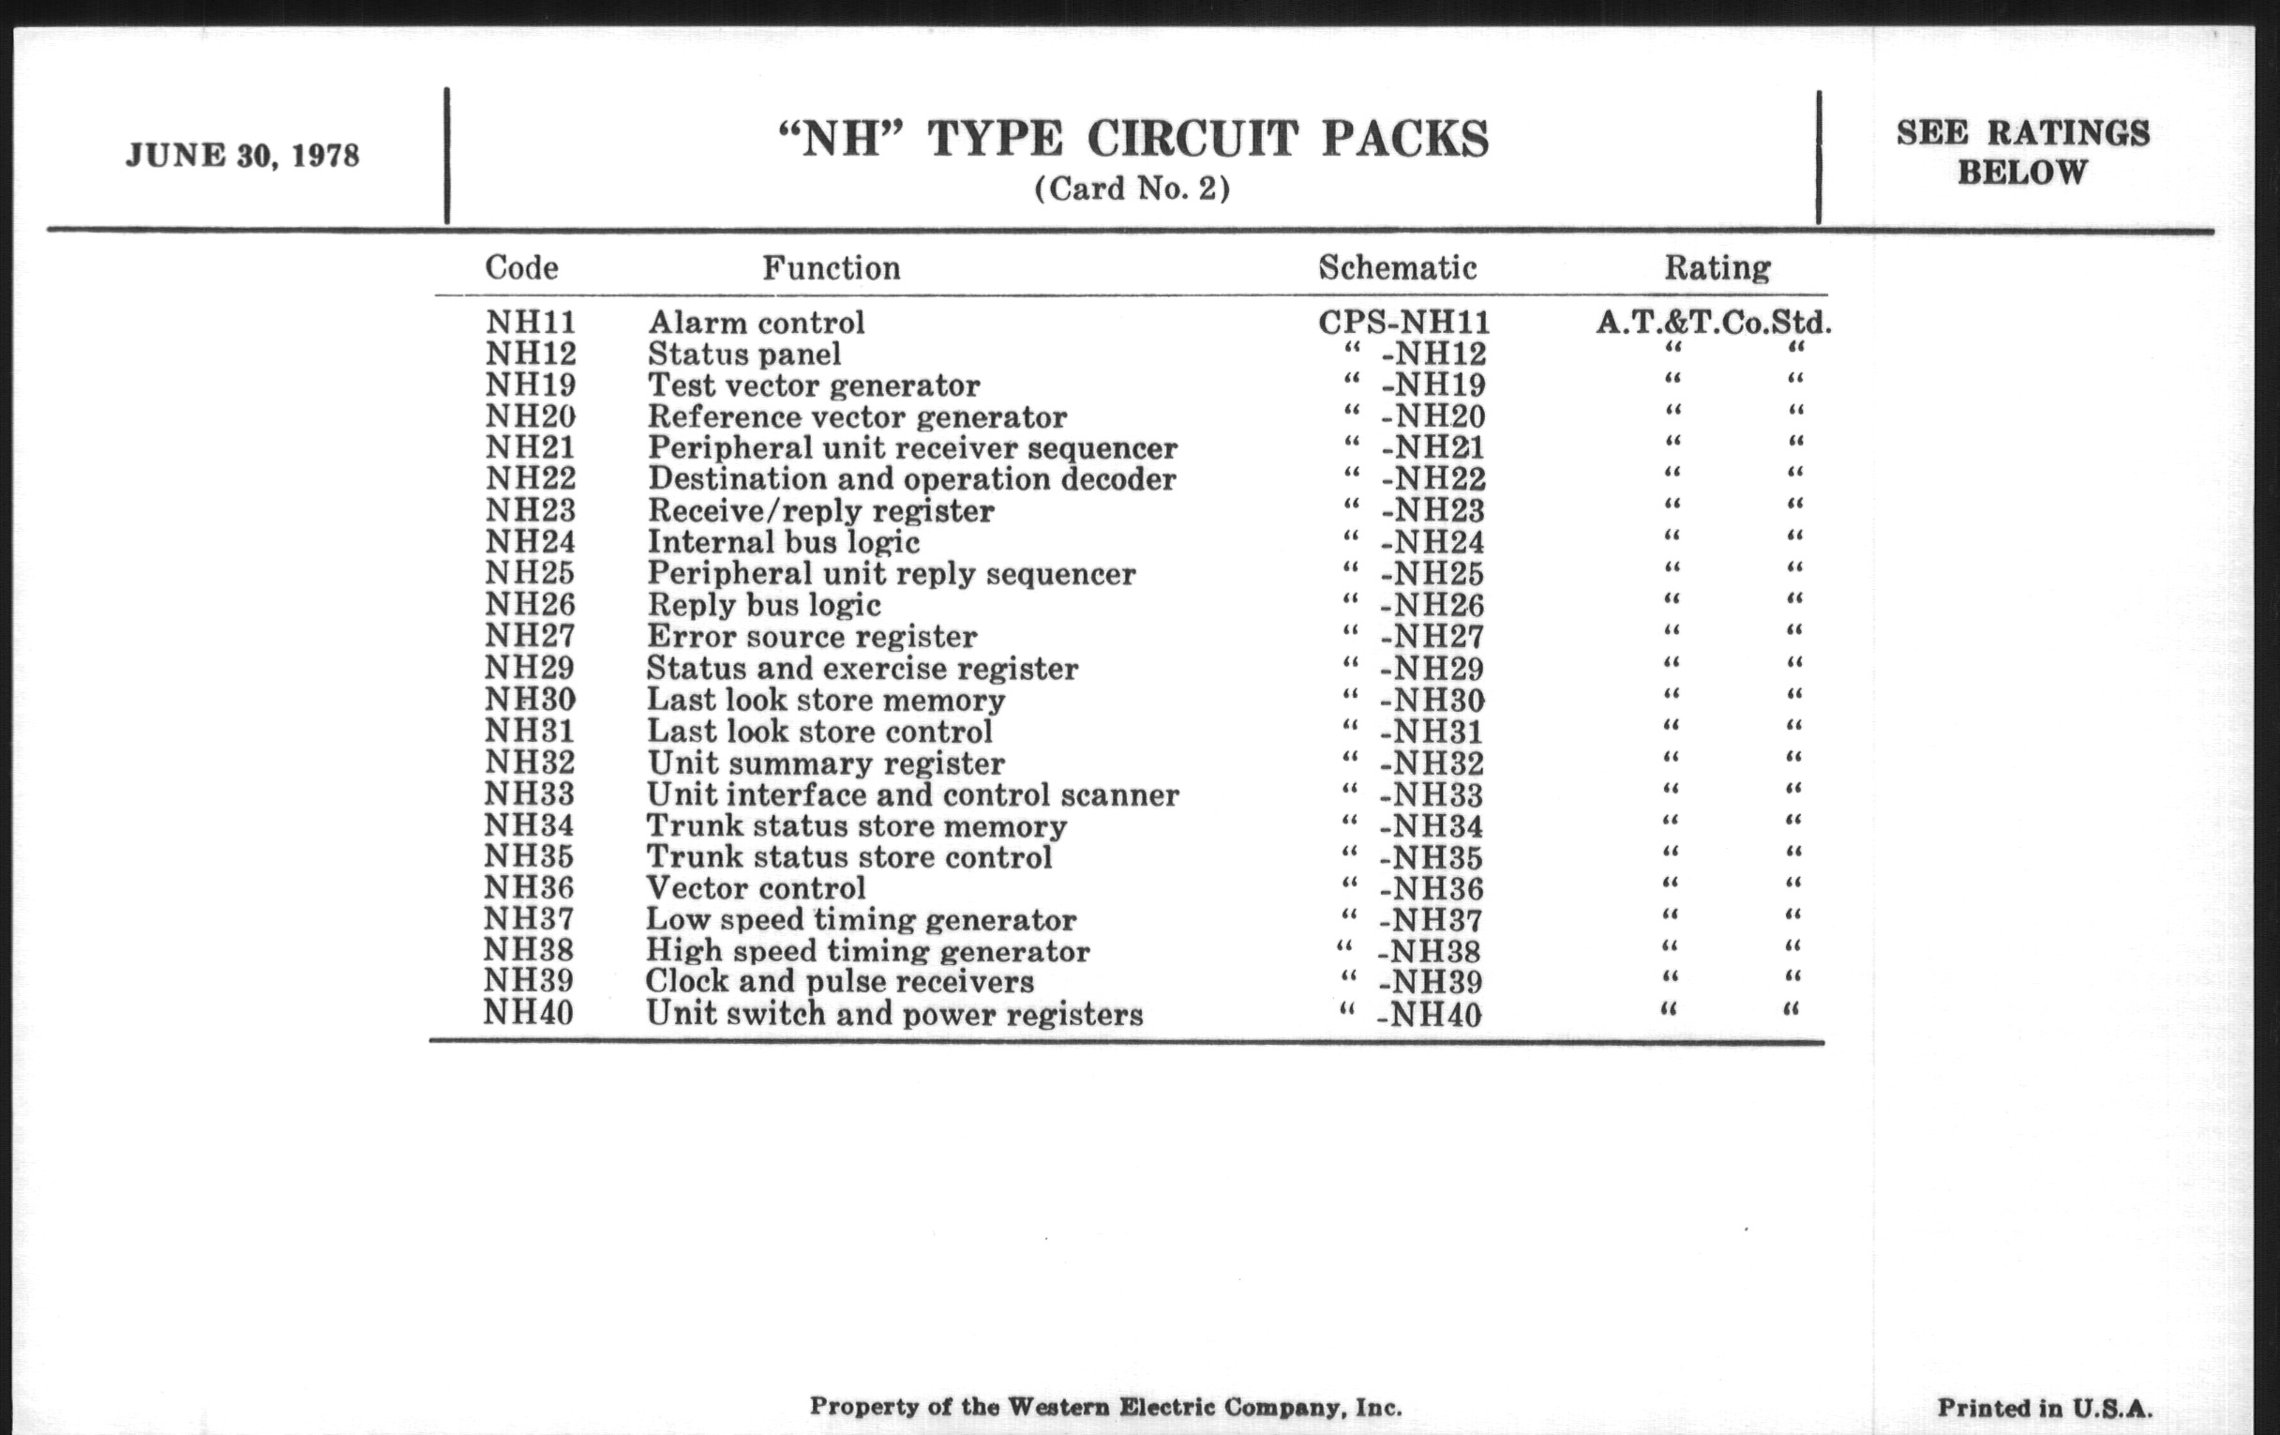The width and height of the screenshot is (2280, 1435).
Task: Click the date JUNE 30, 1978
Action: click(243, 156)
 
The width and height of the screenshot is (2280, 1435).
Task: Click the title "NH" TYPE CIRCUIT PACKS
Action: click(1132, 140)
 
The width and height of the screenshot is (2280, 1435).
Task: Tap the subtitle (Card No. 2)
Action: click(1132, 189)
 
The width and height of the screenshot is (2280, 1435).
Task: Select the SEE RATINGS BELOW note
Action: click(2022, 153)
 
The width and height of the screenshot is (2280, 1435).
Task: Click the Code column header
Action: click(521, 268)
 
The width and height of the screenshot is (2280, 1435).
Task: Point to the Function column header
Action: click(832, 268)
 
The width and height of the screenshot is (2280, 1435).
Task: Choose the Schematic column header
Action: click(1398, 268)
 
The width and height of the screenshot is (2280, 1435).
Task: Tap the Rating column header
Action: click(1717, 268)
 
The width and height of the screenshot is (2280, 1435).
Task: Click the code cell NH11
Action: click(532, 322)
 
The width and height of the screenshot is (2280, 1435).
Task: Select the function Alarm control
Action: click(756, 322)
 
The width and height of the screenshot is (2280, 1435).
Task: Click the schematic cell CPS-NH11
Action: click(1404, 322)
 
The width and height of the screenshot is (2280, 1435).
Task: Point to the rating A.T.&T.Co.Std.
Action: click(1714, 322)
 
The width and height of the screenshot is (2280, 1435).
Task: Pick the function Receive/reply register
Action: click(821, 510)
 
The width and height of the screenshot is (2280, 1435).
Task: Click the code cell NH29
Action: click(530, 668)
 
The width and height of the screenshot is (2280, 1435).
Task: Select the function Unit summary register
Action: click(826, 763)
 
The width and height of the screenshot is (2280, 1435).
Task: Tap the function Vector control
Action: click(756, 887)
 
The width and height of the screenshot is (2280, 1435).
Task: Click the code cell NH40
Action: click(529, 1013)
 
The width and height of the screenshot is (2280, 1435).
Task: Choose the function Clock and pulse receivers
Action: click(840, 981)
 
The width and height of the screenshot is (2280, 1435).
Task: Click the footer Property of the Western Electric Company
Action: click(1105, 1407)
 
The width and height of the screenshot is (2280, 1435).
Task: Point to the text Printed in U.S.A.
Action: click(2045, 1408)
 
